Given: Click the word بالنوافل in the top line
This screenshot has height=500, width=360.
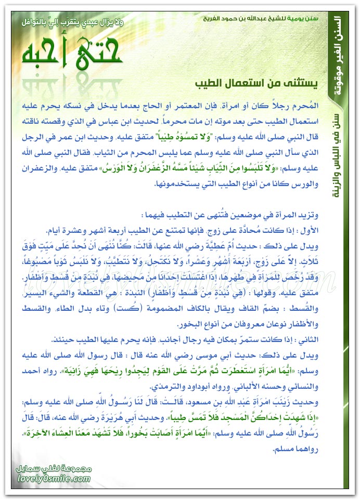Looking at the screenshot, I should click(32, 23).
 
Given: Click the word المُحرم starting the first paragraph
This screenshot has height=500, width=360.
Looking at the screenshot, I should click(306, 105).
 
